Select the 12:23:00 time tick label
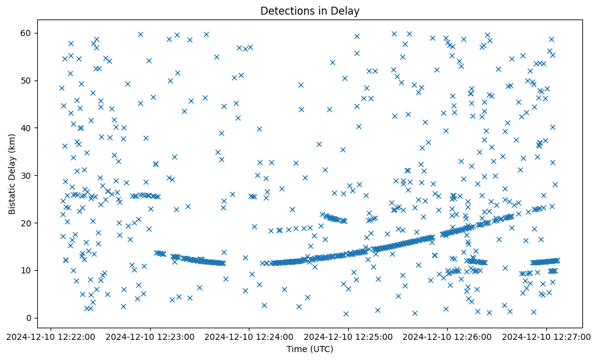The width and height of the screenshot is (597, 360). [150, 336]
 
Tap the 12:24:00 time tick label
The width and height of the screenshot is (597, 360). [249, 336]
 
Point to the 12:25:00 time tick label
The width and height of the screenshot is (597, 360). [348, 336]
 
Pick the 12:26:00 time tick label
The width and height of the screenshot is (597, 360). [448, 336]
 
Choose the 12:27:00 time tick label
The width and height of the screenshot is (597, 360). [546, 336]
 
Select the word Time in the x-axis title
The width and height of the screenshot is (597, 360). [297, 350]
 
